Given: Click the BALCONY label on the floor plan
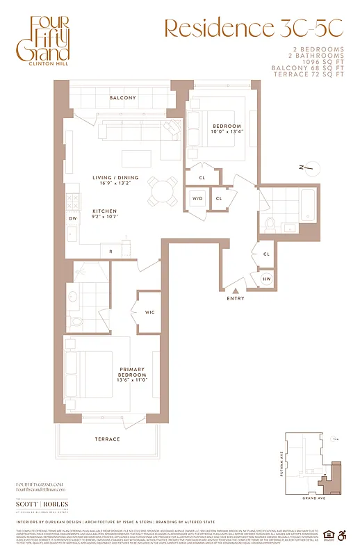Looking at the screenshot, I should click(122, 98).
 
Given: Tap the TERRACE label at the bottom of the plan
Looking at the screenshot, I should click(107, 439).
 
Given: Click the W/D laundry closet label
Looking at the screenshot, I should click(197, 198).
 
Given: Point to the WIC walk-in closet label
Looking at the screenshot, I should click(149, 312).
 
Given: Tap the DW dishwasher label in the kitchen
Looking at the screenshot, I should click(72, 218).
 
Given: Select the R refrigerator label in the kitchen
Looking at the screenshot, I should click(111, 251).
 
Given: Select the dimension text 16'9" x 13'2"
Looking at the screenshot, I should click(115, 184).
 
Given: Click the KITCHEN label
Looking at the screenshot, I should click(106, 211).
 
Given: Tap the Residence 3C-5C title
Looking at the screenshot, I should click(253, 28).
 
